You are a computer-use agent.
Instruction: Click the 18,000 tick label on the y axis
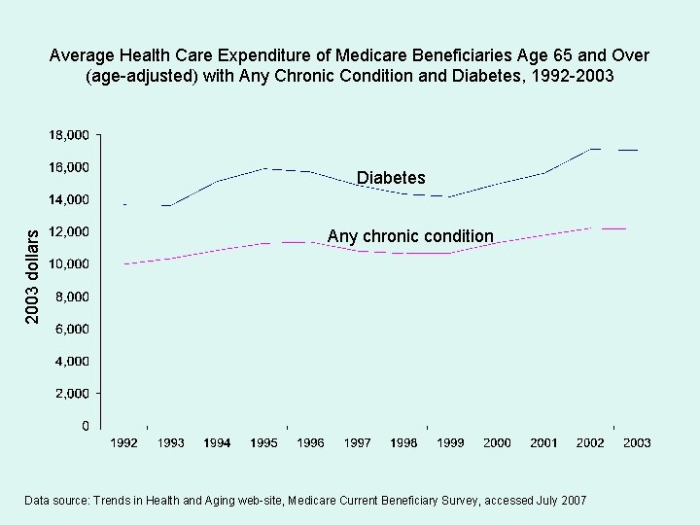(x=70, y=134)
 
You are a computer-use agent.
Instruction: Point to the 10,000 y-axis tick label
(x=70, y=263)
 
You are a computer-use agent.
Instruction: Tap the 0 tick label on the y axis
(x=86, y=426)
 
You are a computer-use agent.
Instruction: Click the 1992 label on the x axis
(x=123, y=443)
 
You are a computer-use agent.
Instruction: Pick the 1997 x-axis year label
(x=357, y=443)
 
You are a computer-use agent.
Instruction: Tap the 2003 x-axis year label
(x=637, y=443)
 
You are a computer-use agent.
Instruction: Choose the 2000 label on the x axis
(x=497, y=443)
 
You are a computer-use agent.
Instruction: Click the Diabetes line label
(x=391, y=178)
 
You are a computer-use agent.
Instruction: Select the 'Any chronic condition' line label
(x=410, y=236)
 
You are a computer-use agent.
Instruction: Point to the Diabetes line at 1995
(x=264, y=169)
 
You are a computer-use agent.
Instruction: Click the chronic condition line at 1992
(x=124, y=263)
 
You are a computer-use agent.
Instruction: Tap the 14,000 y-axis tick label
(x=70, y=199)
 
